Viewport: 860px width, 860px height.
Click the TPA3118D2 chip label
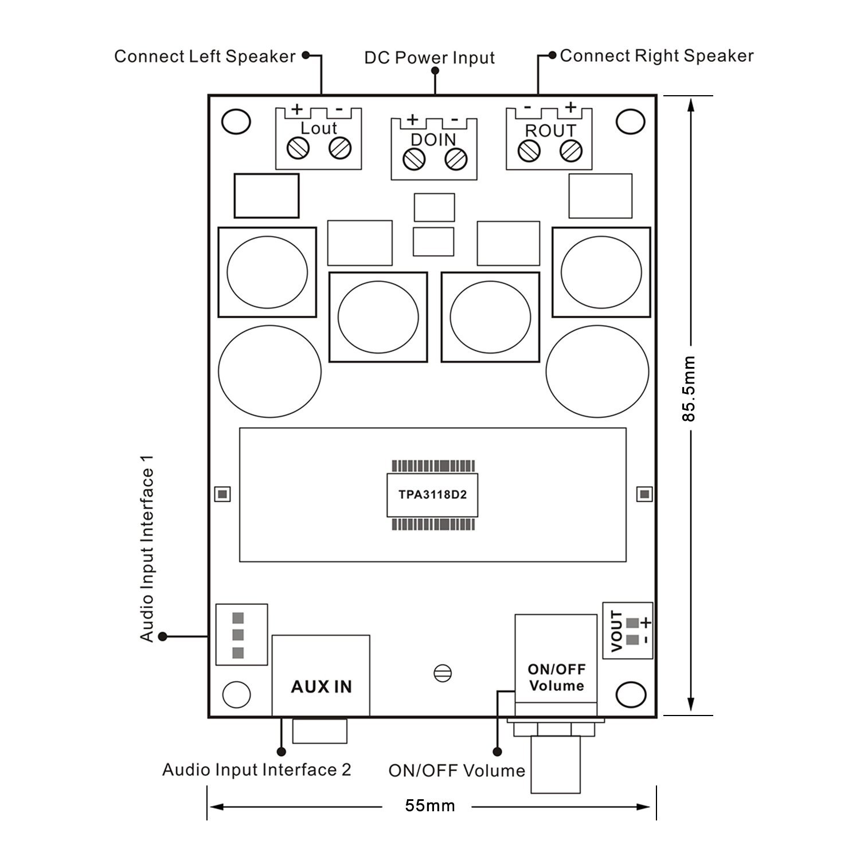(432, 494)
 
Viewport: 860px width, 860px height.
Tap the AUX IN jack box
(321, 675)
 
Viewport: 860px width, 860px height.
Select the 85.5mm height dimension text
(688, 389)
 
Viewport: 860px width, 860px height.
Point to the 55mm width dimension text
(430, 806)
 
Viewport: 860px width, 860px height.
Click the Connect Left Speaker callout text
(205, 56)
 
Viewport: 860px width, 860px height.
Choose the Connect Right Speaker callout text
(656, 56)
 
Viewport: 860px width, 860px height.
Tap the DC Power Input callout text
(429, 58)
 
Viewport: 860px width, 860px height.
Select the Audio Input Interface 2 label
(256, 769)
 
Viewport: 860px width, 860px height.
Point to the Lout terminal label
(319, 128)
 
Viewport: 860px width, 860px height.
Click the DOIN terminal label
(433, 139)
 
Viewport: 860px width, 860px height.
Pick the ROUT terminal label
(550, 131)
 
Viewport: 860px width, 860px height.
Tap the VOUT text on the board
(617, 631)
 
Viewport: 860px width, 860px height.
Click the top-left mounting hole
(236, 122)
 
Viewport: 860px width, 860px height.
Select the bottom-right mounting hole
(631, 695)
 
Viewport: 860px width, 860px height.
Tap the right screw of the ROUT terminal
(570, 150)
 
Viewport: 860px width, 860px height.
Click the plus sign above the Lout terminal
(297, 108)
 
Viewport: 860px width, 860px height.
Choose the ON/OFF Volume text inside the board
(556, 677)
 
